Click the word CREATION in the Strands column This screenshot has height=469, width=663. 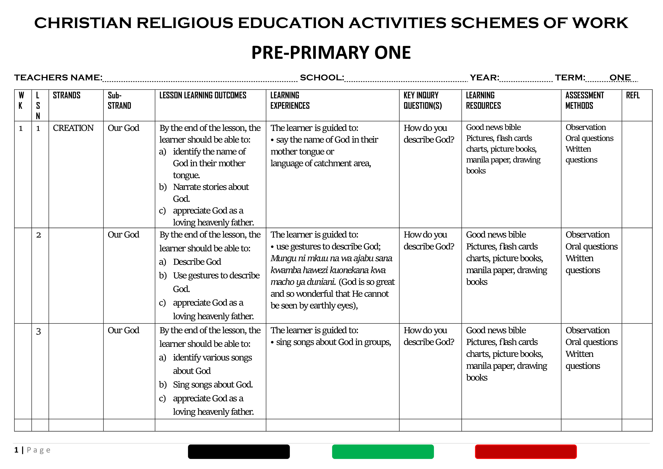(73, 128)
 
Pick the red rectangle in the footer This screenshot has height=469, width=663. (526, 452)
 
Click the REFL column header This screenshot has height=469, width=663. (633, 95)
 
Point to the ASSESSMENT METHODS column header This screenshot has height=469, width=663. (584, 100)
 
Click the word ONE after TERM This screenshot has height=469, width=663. (620, 78)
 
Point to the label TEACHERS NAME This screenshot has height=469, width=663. (58, 78)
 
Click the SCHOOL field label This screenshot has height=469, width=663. (322, 78)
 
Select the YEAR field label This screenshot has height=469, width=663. (484, 78)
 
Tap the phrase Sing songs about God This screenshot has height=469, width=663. (213, 385)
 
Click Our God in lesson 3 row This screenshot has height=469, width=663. (123, 330)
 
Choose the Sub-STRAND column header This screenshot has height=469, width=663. (119, 100)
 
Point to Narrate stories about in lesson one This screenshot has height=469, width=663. (211, 187)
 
